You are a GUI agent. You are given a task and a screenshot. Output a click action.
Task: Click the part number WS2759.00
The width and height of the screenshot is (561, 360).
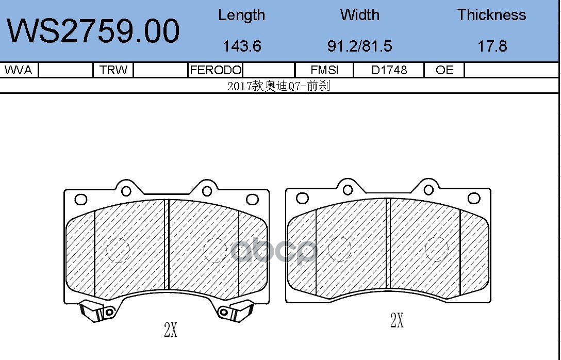tap(93, 31)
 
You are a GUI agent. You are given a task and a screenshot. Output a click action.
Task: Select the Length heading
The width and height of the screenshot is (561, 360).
tap(241, 15)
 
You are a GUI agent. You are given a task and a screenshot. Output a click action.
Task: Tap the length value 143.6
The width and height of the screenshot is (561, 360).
tap(242, 46)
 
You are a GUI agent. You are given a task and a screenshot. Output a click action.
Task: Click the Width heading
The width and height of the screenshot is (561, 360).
tap(359, 15)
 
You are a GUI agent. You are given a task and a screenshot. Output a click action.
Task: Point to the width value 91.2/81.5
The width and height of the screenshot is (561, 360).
tap(359, 46)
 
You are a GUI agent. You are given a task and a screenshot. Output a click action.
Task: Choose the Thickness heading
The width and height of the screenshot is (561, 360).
tap(491, 15)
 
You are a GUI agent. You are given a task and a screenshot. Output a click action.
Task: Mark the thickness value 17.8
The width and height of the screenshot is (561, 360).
tap(492, 46)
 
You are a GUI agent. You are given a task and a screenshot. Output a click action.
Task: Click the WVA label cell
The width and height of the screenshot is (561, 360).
tap(18, 70)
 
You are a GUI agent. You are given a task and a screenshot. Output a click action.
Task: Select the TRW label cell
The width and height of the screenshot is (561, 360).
tap(113, 70)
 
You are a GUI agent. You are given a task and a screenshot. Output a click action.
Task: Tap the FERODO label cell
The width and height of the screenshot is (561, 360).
tap(216, 70)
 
